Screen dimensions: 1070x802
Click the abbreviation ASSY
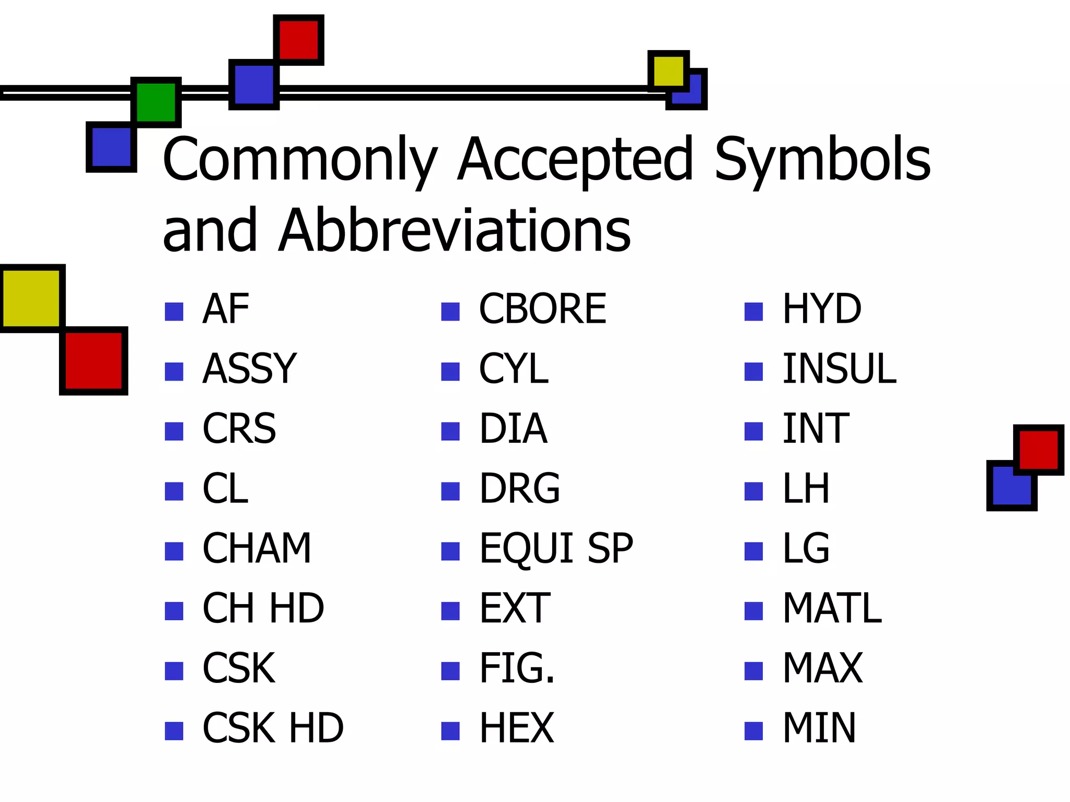pyautogui.click(x=249, y=369)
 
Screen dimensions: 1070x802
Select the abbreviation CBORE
pyautogui.click(x=542, y=309)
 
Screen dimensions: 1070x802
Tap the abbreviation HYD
pyautogui.click(x=821, y=309)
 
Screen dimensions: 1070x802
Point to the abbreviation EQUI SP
pyautogui.click(x=556, y=549)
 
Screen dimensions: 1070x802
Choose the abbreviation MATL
pyautogui.click(x=832, y=608)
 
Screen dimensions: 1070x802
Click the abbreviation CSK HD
pyautogui.click(x=273, y=728)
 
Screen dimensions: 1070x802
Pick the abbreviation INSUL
pyautogui.click(x=839, y=369)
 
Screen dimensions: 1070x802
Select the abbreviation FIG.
pyautogui.click(x=516, y=668)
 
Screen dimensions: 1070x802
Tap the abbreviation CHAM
pyautogui.click(x=257, y=549)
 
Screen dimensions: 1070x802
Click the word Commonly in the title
pyautogui.click(x=300, y=160)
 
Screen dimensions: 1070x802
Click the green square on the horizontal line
pyautogui.click(x=156, y=102)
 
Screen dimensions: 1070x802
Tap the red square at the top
pyautogui.click(x=298, y=40)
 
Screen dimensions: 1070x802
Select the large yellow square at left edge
pyautogui.click(x=31, y=298)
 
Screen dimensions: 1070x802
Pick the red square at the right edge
pyautogui.click(x=1038, y=450)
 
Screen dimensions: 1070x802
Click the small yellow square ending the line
pyautogui.click(x=668, y=71)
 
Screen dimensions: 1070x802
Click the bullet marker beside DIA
pyautogui.click(x=450, y=432)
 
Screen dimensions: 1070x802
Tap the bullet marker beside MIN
pyautogui.click(x=753, y=731)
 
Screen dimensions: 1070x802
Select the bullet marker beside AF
pyautogui.click(x=174, y=312)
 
